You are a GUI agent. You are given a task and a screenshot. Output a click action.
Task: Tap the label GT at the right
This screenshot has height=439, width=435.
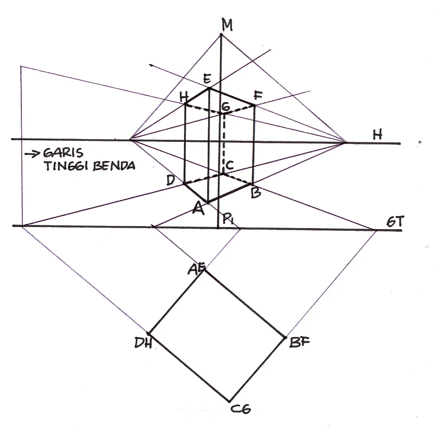[x=395, y=221]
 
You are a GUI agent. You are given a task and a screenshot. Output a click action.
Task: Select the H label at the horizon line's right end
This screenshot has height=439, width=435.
[x=378, y=135]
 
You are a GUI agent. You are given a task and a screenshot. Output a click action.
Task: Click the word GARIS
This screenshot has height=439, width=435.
[x=63, y=153]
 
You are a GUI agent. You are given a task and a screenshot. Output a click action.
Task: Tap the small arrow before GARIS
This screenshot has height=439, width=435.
[x=32, y=154]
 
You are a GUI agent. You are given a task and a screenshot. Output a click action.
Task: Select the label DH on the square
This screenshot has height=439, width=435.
[x=143, y=342]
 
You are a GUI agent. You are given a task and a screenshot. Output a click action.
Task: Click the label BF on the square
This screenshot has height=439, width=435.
[x=300, y=342]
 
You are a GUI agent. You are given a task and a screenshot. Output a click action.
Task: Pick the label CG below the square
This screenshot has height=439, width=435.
[x=240, y=409]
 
